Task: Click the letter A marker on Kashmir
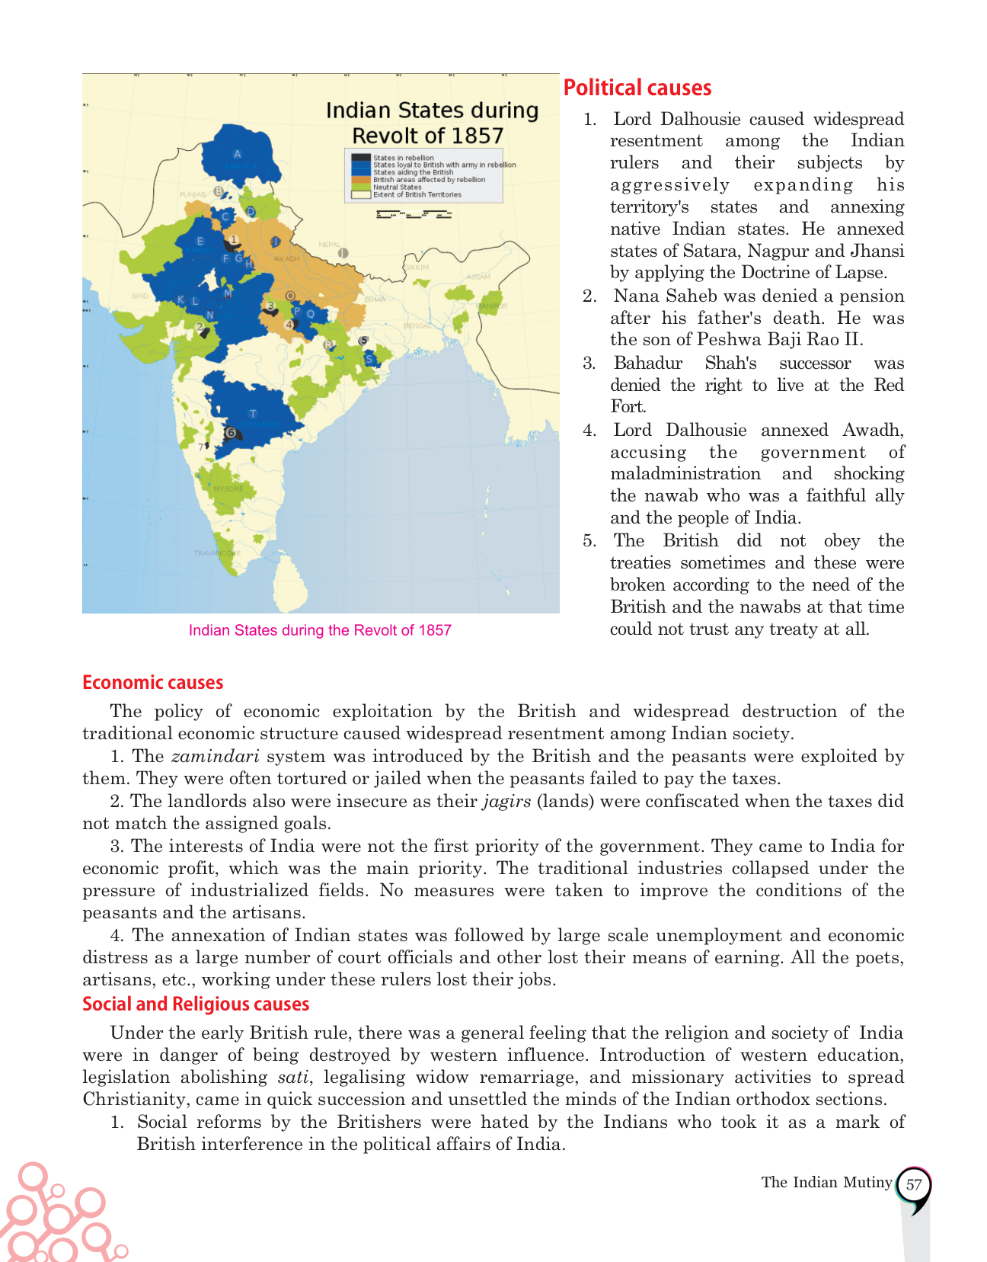point(237,154)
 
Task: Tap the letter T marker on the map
point(253,414)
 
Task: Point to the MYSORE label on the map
point(228,488)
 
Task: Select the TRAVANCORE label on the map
point(216,553)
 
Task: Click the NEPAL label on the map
point(329,245)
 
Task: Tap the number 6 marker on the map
point(231,433)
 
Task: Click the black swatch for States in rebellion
point(361,158)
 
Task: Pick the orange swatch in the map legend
point(361,180)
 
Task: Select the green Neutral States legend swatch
point(361,187)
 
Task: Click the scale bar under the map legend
point(414,214)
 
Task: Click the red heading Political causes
point(637,88)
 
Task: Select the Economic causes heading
point(153,683)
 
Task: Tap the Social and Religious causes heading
point(196,1004)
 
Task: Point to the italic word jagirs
point(506,802)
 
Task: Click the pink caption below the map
point(320,630)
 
